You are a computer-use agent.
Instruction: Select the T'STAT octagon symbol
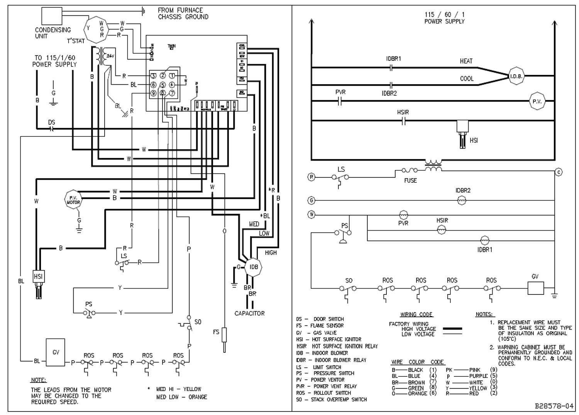95,29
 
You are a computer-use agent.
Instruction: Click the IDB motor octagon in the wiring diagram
254,267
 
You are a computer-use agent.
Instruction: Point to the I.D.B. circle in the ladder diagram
516,76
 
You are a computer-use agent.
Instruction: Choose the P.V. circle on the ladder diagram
537,101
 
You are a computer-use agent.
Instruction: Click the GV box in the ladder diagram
535,288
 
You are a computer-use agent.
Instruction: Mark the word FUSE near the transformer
410,180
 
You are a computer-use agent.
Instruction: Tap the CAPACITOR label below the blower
250,313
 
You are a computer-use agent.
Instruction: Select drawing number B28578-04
554,406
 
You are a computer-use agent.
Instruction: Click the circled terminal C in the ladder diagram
559,172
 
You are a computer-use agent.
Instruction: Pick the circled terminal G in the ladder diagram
312,201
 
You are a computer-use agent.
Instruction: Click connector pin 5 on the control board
163,85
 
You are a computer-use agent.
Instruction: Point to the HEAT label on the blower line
466,61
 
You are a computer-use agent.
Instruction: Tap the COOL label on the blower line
467,78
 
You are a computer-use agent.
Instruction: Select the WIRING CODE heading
416,315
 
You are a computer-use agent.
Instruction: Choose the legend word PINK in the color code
475,370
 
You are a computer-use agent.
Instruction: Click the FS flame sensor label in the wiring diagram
216,332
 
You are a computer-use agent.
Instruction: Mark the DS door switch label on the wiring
52,122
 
